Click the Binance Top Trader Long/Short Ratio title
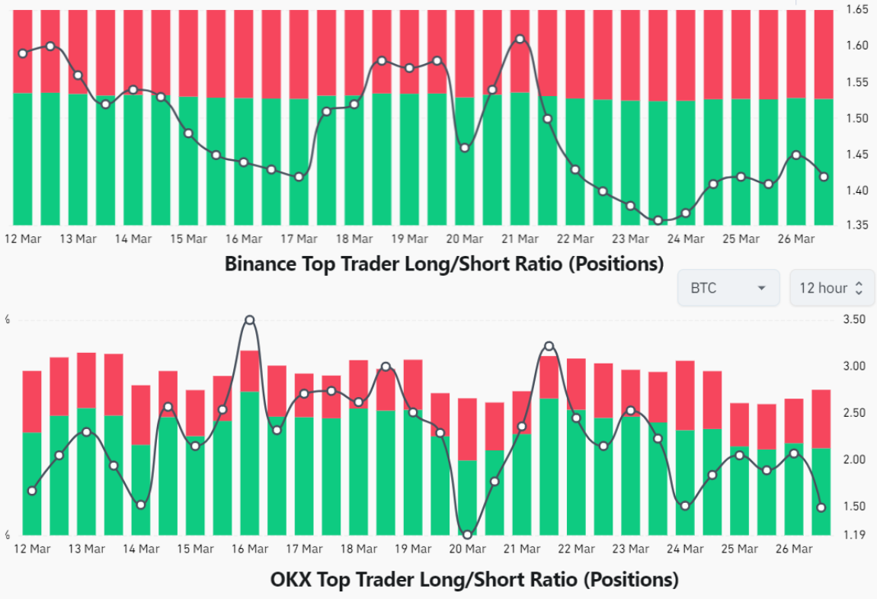click(444, 264)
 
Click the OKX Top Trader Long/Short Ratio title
click(474, 579)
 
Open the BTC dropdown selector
click(728, 288)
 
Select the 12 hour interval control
click(831, 288)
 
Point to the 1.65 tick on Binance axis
click(857, 10)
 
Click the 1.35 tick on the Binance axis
click(857, 225)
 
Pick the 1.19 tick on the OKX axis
click(854, 534)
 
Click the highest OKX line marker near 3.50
click(249, 320)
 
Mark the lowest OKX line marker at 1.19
click(467, 534)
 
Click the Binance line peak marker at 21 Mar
click(520, 39)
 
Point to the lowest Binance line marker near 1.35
click(658, 221)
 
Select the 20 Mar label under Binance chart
click(464, 239)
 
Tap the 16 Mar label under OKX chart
click(249, 549)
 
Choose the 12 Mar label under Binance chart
click(22, 239)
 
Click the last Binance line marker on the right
click(824, 177)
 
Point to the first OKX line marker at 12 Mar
click(32, 491)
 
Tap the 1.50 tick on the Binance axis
click(857, 118)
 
